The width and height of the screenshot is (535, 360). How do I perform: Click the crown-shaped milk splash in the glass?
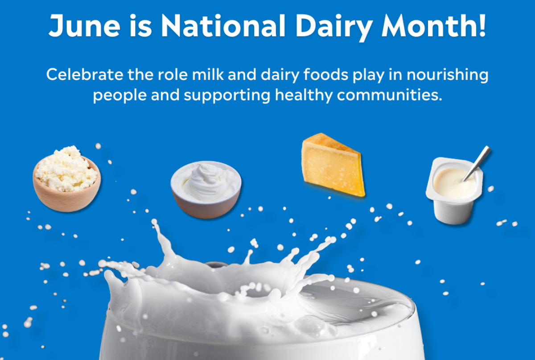point(223,277)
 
